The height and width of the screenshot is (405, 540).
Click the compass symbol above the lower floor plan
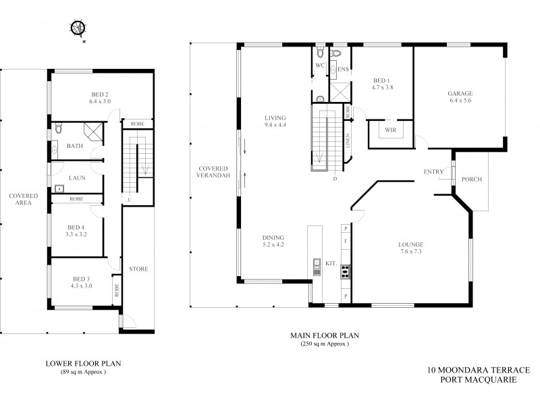[78, 28]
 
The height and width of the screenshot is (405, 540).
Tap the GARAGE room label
[460, 93]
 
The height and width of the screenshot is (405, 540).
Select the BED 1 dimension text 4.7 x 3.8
[382, 87]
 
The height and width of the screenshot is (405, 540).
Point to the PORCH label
[470, 180]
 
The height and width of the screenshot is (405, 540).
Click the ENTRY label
[433, 171]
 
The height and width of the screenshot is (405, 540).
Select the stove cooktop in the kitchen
[345, 271]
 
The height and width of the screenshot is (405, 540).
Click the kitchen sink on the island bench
[315, 263]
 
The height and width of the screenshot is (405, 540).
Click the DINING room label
[273, 238]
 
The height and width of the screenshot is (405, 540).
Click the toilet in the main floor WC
[321, 53]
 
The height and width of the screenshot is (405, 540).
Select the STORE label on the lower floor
[139, 269]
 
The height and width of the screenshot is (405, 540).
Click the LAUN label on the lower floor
[75, 179]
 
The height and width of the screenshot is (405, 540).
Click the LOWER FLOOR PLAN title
[83, 362]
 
